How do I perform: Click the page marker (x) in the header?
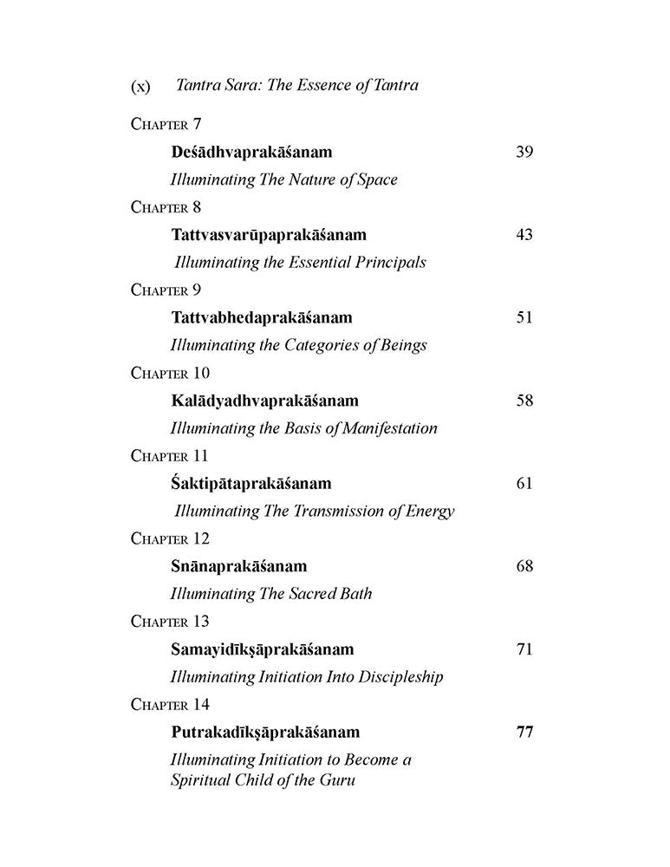(x=140, y=87)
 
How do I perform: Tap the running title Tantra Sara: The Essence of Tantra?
(x=296, y=85)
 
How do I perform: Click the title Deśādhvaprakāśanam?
(x=251, y=153)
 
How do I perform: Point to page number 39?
(x=524, y=153)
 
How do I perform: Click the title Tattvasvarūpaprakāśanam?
(x=269, y=235)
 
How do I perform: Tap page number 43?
(x=524, y=235)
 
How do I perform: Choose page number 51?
(x=524, y=317)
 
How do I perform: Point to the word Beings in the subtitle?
(x=403, y=345)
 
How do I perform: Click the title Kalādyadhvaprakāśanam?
(x=264, y=401)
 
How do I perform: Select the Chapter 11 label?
(x=170, y=456)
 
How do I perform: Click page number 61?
(x=524, y=483)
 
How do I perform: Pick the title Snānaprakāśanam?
(x=239, y=566)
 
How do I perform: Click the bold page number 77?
(x=524, y=732)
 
